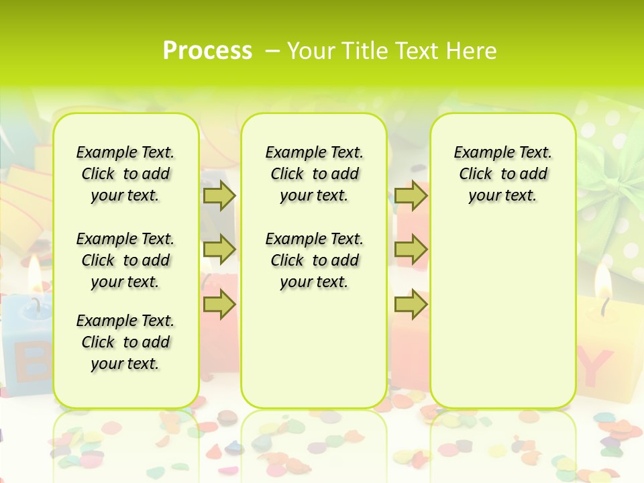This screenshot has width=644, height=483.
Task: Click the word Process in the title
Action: point(207,50)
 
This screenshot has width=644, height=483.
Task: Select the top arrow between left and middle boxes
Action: point(219,196)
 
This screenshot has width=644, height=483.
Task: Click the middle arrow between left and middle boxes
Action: point(219,250)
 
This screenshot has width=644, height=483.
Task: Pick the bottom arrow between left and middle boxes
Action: point(219,305)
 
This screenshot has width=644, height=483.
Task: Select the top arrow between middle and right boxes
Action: point(411,196)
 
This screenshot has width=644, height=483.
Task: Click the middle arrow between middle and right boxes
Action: point(411,250)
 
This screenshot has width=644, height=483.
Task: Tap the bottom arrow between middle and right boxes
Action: point(411,305)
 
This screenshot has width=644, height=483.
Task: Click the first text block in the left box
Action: point(125,174)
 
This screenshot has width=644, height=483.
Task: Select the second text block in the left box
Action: point(125,260)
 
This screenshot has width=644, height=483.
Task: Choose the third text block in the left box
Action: point(125,342)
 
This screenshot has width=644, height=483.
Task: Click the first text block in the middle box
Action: point(315,174)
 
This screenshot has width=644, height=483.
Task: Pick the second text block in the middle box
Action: point(315,260)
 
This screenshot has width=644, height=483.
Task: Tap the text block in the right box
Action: point(503,174)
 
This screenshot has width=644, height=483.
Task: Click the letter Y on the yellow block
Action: point(594,367)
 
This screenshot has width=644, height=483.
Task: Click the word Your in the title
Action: point(310,50)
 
